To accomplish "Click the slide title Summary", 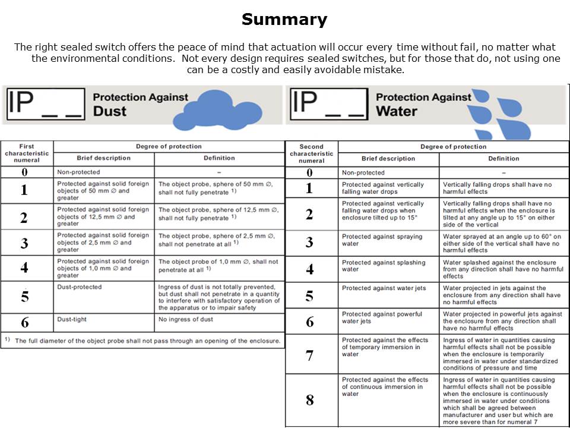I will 284,20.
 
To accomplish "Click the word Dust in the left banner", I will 110,111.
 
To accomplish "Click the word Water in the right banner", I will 397,111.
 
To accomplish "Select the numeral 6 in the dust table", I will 24,323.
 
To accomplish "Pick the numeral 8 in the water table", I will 309,400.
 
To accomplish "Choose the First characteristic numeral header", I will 27,153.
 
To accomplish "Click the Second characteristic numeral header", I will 311,153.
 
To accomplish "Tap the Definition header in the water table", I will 503,159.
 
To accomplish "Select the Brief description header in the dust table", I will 103,158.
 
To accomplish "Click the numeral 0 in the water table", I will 309,173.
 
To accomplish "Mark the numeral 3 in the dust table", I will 24,243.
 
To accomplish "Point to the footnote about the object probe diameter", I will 142,341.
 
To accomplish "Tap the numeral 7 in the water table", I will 309,355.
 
